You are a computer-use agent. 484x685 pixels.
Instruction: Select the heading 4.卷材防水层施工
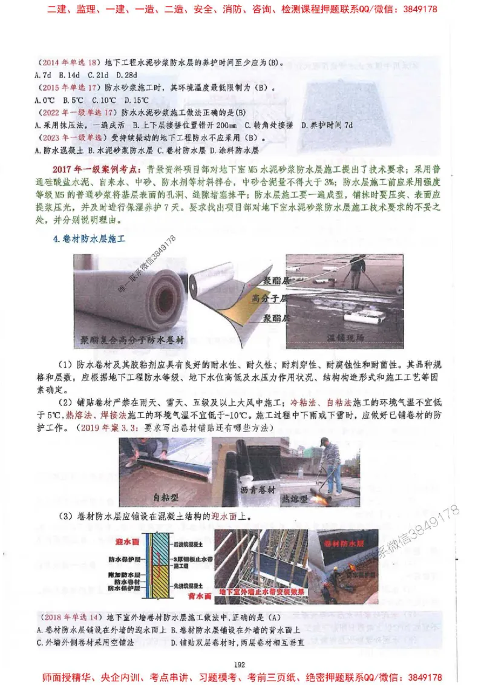click(x=90, y=240)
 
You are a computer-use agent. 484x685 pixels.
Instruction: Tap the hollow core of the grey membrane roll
click(x=166, y=297)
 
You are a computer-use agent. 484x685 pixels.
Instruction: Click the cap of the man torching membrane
click(x=324, y=441)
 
